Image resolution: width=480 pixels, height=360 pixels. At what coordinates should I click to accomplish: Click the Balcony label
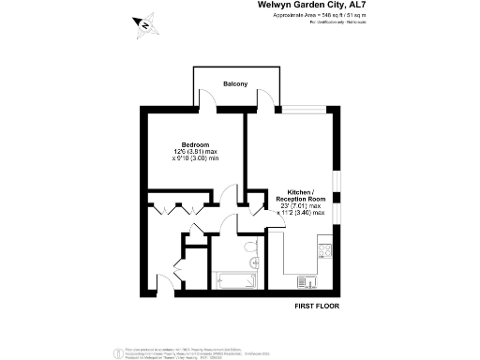coord(235,85)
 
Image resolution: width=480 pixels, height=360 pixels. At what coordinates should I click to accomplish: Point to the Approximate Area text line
coord(319,17)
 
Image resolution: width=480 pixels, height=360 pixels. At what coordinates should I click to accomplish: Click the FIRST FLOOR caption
coord(316,306)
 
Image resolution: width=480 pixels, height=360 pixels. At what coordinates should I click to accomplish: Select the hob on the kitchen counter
coord(325,250)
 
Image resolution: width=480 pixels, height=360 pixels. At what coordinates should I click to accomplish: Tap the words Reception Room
coord(300,199)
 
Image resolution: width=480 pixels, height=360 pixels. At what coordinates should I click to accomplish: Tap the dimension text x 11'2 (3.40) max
coord(301,214)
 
